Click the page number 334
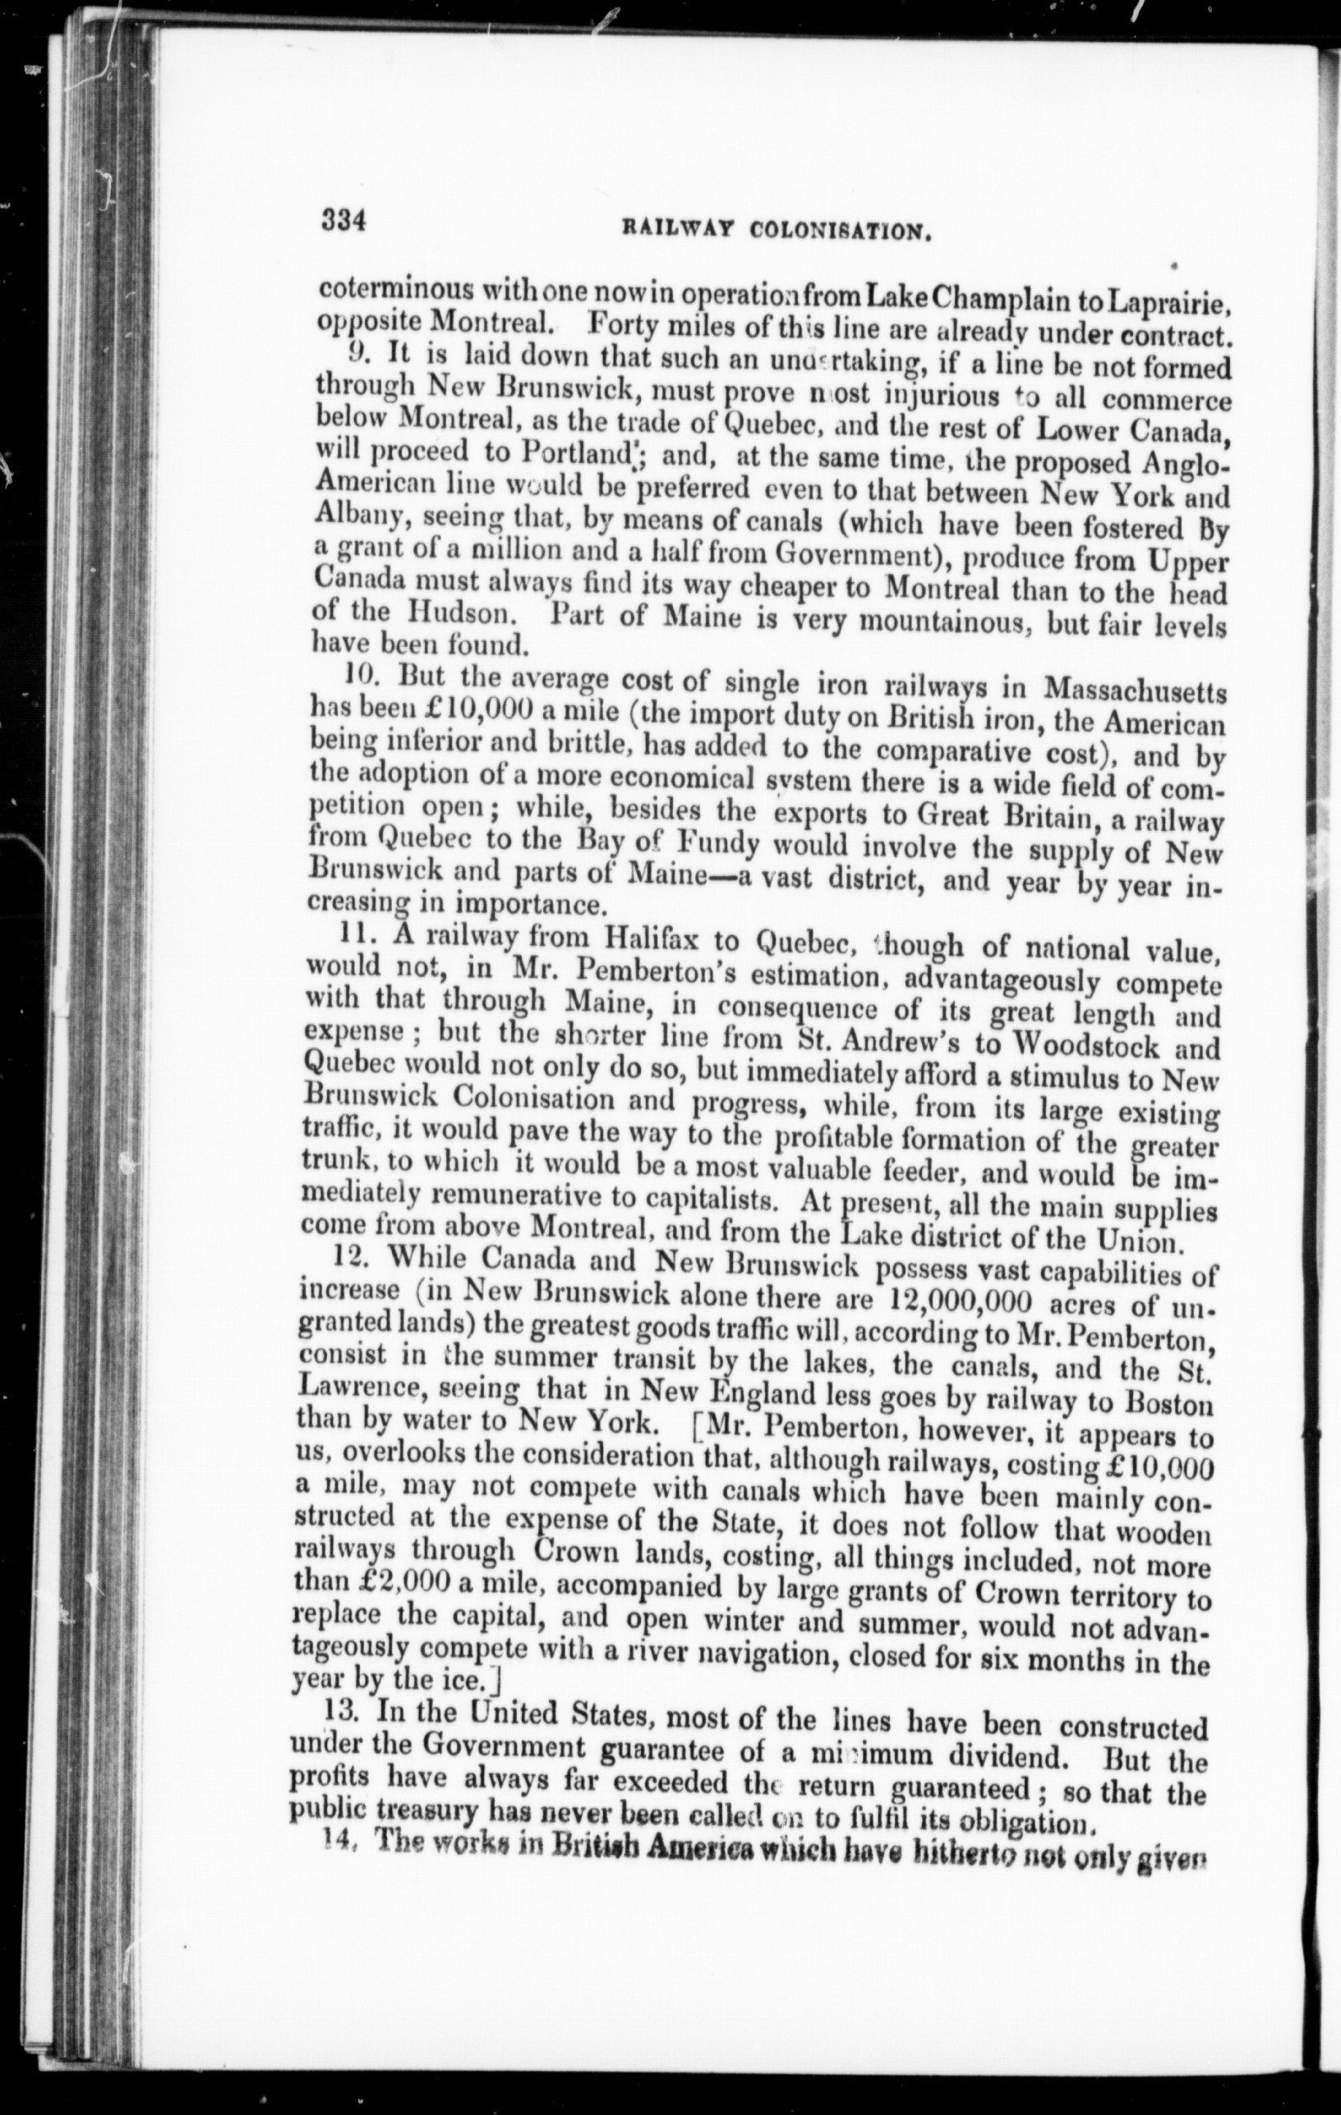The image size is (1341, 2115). [x=343, y=219]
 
